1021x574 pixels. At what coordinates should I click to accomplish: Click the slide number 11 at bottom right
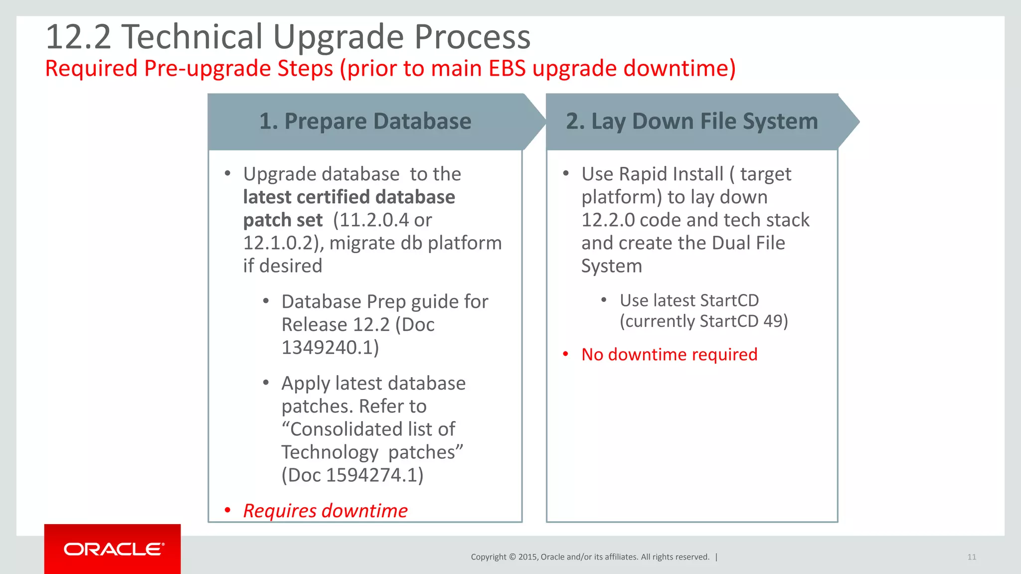tap(971, 557)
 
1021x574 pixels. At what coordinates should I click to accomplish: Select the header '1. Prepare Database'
tap(365, 121)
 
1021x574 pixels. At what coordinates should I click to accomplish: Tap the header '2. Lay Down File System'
tap(691, 121)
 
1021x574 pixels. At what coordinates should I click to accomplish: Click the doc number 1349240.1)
tap(330, 347)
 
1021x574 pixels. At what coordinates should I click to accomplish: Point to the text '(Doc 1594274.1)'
tap(352, 475)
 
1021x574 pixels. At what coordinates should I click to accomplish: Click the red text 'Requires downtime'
tap(325, 511)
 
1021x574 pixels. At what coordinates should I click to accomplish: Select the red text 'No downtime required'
tap(669, 354)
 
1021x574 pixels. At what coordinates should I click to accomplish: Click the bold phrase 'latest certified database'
tap(349, 197)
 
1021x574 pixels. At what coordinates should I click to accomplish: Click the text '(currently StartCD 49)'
tap(703, 321)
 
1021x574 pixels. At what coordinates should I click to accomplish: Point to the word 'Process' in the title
tap(472, 37)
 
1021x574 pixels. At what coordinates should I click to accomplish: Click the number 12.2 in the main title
tap(78, 37)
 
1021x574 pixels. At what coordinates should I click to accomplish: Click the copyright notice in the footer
tap(590, 557)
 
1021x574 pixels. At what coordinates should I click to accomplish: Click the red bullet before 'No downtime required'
tap(565, 354)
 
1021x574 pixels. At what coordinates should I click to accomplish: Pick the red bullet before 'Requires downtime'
tap(227, 510)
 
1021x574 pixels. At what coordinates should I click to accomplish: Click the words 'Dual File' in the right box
tap(748, 243)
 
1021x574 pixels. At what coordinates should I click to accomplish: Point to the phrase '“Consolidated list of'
tap(368, 429)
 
